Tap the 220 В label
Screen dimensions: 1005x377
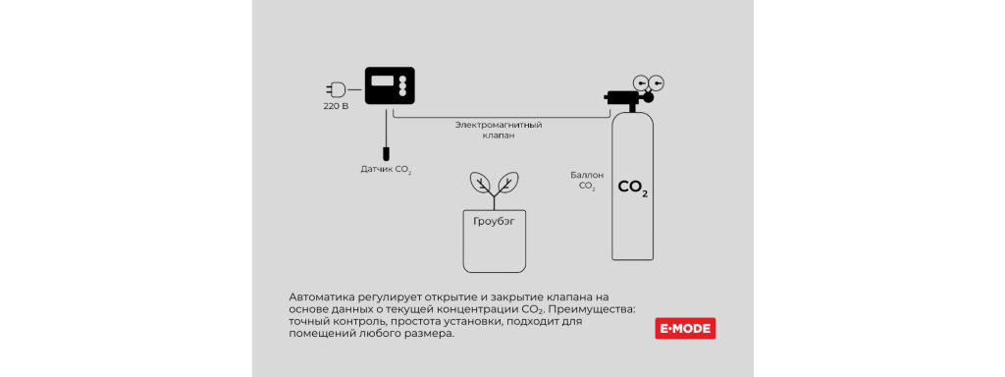tap(336, 106)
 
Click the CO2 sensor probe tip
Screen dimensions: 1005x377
tap(387, 154)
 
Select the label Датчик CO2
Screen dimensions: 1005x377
tap(386, 170)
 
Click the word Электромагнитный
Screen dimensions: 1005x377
tap(499, 125)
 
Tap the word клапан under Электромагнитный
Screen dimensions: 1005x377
tap(499, 135)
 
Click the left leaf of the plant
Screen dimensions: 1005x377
tap(481, 183)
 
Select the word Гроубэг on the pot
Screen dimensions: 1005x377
tap(494, 222)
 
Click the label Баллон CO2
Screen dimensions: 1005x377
tap(588, 180)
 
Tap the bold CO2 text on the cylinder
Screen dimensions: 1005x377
tap(632, 187)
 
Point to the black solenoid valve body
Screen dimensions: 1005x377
tap(621, 97)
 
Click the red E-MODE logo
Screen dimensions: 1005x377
tap(685, 329)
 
